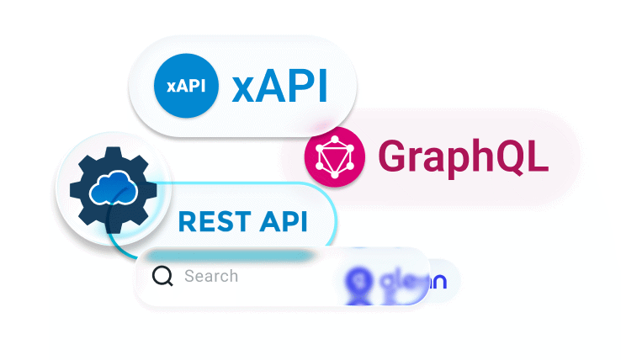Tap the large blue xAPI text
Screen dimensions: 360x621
(x=279, y=87)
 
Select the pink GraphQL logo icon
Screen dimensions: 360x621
(x=335, y=156)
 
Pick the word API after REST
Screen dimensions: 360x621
(x=284, y=222)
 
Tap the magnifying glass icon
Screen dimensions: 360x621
(x=162, y=276)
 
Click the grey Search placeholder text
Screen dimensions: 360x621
(x=211, y=276)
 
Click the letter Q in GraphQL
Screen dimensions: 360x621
(x=512, y=156)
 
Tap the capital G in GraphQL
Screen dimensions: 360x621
(x=393, y=156)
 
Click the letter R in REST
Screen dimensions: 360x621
(x=188, y=222)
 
